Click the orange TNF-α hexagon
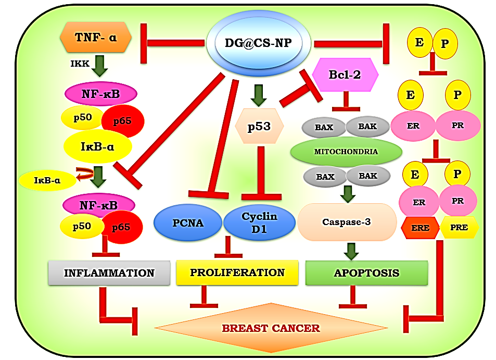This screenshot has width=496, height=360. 95,38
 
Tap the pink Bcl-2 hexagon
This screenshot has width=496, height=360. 345,75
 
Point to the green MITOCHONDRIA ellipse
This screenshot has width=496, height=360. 346,152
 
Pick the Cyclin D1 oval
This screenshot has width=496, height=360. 259,223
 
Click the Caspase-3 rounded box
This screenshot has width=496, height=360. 346,222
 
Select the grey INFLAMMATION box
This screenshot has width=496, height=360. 109,273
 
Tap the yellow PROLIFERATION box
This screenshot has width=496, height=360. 237,272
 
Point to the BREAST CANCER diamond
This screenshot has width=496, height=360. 271,328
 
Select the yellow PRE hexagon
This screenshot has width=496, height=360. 459,228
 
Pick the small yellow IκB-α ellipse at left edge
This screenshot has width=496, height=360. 46,181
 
